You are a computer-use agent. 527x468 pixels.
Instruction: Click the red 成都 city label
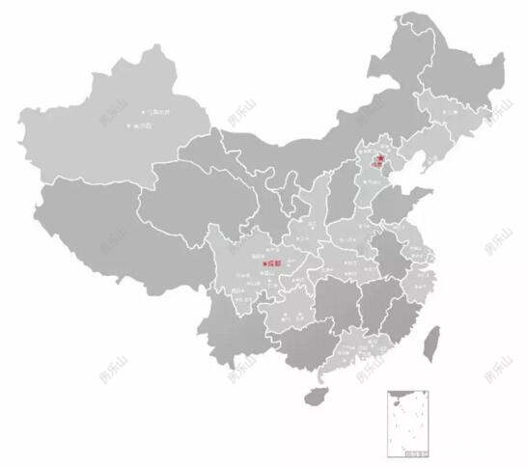[274, 262]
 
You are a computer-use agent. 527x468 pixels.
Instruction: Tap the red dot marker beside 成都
[263, 262]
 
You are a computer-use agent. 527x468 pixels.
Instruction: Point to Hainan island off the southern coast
[313, 395]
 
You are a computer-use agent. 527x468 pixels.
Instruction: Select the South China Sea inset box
[406, 422]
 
